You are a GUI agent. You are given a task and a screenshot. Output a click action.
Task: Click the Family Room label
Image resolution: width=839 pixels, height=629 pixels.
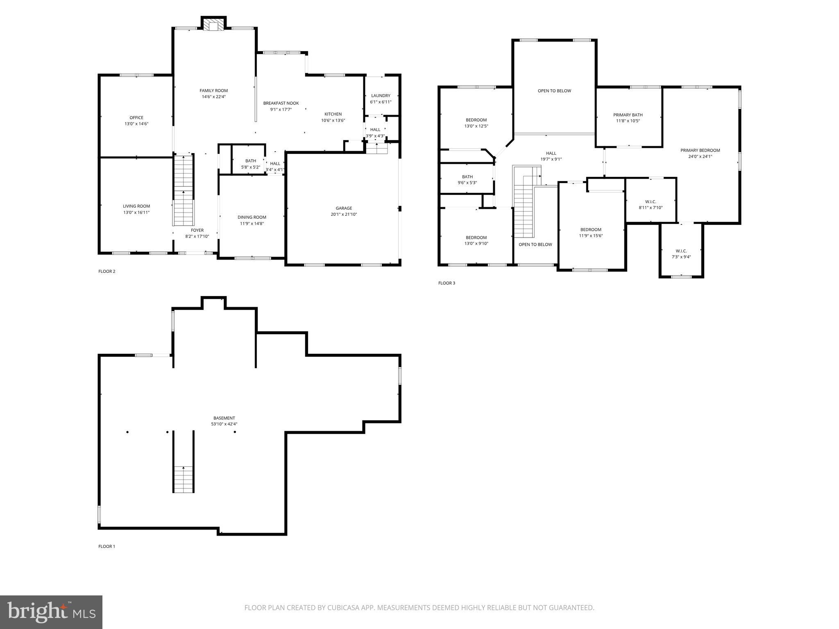[x=213, y=91]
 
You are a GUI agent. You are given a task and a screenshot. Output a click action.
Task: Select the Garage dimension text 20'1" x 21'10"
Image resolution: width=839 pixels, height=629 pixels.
[x=344, y=214]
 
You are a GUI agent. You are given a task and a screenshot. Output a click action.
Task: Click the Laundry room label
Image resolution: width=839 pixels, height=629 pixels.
[x=381, y=96]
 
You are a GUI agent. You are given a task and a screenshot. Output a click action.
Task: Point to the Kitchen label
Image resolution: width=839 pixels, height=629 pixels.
[x=333, y=114]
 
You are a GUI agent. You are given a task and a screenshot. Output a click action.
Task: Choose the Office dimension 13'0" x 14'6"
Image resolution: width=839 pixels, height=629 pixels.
[x=136, y=124]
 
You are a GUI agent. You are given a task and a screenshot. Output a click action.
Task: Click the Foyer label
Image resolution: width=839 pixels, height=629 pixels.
[x=197, y=230]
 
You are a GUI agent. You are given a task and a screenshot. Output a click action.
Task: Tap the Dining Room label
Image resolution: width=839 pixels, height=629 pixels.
[x=252, y=217]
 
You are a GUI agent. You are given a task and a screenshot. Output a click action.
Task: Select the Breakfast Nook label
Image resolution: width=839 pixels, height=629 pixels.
[x=281, y=103]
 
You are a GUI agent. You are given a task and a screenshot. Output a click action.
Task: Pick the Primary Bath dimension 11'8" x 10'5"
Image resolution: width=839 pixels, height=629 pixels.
[x=628, y=121]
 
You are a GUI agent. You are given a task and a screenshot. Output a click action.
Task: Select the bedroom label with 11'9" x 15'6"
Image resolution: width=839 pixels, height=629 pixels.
[x=591, y=230]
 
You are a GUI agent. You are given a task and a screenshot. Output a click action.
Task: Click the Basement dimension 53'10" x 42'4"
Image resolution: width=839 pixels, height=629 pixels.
[x=224, y=424]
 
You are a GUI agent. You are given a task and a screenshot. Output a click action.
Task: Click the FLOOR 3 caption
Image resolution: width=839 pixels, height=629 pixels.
[x=447, y=283]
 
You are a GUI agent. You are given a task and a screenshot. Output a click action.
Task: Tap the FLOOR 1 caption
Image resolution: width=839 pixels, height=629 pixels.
[x=107, y=546]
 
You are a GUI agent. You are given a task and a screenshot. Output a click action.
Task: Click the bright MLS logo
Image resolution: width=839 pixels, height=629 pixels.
[x=51, y=612]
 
